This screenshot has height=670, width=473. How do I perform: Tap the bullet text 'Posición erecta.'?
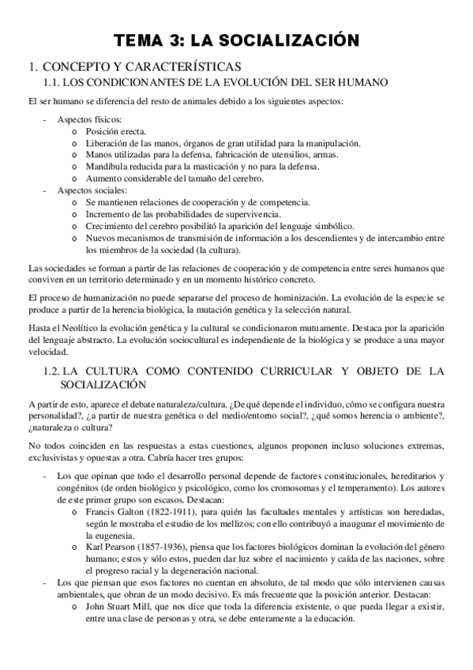[116, 130]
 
